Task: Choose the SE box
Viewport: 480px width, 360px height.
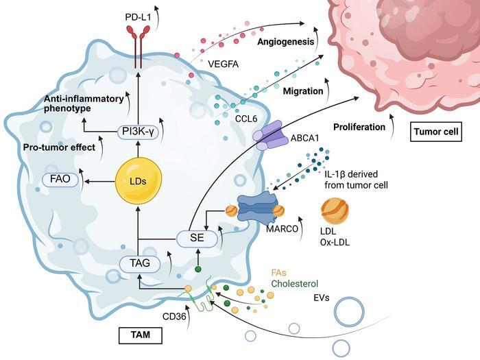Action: pos(197,238)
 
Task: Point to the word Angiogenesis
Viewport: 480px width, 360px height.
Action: pos(285,43)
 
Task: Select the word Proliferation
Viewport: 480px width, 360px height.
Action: pos(358,127)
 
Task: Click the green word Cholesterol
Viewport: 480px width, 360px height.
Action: pos(295,283)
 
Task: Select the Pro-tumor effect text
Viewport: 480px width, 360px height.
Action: pos(60,146)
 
